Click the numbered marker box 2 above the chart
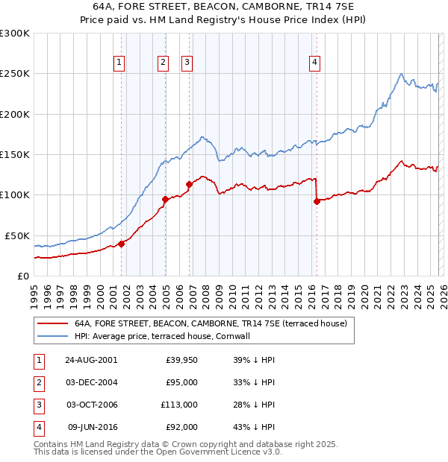(x=163, y=63)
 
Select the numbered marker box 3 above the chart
(x=187, y=63)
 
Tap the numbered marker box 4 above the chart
(x=315, y=63)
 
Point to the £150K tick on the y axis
(x=15, y=155)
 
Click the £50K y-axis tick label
(x=17, y=235)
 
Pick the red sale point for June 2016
(x=317, y=201)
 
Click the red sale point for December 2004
(x=165, y=199)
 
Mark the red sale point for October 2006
(x=190, y=184)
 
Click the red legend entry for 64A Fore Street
(x=210, y=324)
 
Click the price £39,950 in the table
(x=181, y=359)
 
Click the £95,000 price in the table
(x=181, y=382)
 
